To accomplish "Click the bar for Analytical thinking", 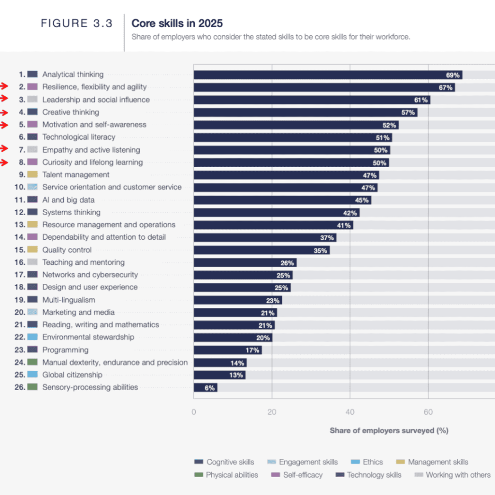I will pos(328,75).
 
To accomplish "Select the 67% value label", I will pos(446,87).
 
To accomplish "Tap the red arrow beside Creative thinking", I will pos(5,112).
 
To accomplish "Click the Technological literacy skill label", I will pos(79,137).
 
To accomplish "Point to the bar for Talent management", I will pos(286,175).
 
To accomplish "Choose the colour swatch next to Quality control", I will pos(32,250).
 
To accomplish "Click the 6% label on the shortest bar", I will pos(209,388).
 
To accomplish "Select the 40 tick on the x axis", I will pos(350,412).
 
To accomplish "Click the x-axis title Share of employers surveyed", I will pos(389,430).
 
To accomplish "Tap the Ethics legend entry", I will pos(367,462).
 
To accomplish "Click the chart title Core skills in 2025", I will pos(177,23).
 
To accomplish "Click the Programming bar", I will pos(228,350).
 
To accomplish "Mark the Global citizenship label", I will pos(72,375).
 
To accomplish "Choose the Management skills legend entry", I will pos(432,462).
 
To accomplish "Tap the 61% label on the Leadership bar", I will pos(421,100).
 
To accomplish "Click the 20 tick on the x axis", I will pos(272,412).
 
